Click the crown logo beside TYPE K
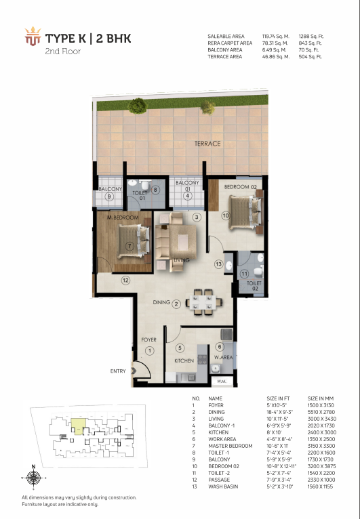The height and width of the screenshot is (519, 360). click(33, 36)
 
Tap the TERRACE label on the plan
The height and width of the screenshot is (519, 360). click(207, 144)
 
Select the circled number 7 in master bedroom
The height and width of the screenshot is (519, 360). click(129, 246)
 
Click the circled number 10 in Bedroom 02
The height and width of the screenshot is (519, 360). click(226, 215)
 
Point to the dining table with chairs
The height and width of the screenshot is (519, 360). click(204, 302)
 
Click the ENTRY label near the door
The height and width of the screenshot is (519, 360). click(118, 371)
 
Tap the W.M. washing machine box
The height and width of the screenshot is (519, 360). click(222, 381)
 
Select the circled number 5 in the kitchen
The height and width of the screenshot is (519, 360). click(180, 348)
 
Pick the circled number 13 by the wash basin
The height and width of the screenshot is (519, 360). click(218, 264)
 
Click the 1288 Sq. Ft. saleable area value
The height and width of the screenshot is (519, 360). click(311, 37)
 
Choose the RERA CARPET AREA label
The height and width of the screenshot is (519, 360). click(230, 43)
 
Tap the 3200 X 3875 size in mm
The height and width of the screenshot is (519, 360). click(321, 466)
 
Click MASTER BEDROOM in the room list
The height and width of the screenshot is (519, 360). click(231, 446)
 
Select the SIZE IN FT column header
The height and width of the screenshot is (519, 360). click(278, 398)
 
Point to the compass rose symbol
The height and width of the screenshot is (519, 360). click(33, 478)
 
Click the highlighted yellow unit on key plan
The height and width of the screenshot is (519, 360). click(79, 426)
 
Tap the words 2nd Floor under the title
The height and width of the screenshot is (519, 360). click(63, 51)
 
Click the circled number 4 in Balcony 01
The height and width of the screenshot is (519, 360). click(187, 196)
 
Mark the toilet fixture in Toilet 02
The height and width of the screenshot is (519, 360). click(258, 272)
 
